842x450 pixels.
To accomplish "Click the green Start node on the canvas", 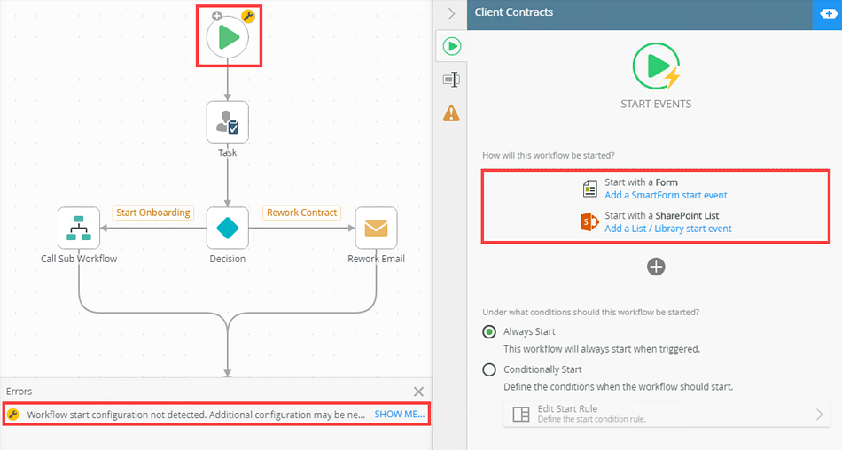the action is [x=228, y=37].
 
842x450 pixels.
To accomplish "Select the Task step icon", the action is [x=228, y=122].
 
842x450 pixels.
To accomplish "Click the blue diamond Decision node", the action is [x=228, y=229].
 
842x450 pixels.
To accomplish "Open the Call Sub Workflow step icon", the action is [x=79, y=229].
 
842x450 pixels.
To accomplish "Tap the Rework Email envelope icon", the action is [x=376, y=229].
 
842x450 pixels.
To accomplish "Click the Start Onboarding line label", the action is [x=153, y=213].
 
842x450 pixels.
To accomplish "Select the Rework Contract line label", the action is [x=301, y=213].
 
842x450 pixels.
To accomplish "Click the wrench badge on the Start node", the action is [x=248, y=16].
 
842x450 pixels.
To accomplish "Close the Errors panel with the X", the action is [x=419, y=392].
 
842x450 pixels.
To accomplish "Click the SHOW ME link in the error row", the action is [x=400, y=414].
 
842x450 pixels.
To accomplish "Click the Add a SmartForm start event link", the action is [x=666, y=195].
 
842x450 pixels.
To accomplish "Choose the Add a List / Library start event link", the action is [x=668, y=229].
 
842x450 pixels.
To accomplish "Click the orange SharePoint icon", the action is [x=589, y=221].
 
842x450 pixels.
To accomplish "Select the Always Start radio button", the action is [x=489, y=332].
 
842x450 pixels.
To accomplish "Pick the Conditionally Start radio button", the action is [x=489, y=369].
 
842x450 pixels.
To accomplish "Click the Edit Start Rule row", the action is [x=667, y=414].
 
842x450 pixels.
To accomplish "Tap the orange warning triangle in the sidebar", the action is [x=451, y=112].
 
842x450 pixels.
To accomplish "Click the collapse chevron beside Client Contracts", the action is [x=451, y=13].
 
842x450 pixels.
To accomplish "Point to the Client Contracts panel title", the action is [x=514, y=12].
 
